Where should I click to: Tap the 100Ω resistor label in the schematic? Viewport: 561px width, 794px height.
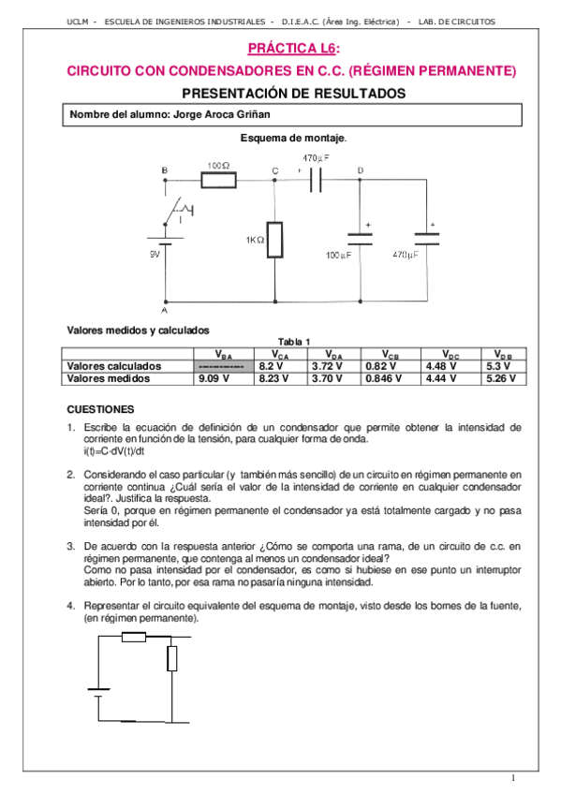click(x=219, y=164)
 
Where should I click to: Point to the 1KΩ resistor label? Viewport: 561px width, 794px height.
click(x=255, y=240)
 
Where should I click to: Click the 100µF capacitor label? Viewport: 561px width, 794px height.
click(x=338, y=255)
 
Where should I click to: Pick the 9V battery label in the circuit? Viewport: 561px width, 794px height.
click(x=155, y=254)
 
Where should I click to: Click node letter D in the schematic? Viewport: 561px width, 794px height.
click(x=361, y=170)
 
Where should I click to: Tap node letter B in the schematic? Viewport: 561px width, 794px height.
click(x=165, y=170)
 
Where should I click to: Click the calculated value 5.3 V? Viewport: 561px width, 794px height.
click(x=496, y=366)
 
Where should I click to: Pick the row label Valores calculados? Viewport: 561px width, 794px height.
click(x=115, y=366)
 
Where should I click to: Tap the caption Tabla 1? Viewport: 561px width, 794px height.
click(x=294, y=342)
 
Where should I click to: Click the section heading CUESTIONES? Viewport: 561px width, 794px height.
click(x=101, y=409)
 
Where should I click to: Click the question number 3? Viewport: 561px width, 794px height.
click(x=71, y=544)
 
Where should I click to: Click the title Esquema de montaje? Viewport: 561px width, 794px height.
click(x=293, y=138)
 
